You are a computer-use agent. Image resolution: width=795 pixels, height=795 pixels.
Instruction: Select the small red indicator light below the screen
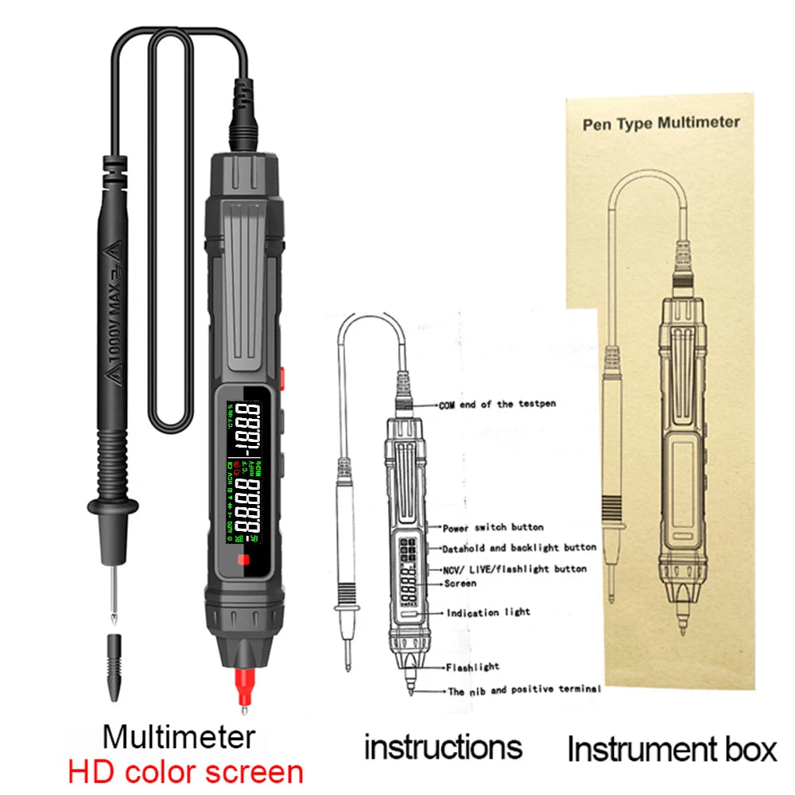pyautogui.click(x=243, y=564)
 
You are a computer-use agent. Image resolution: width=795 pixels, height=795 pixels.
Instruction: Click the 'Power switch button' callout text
pyautogui.click(x=493, y=527)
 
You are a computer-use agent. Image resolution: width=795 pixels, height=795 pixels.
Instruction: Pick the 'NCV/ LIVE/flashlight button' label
pyautogui.click(x=515, y=569)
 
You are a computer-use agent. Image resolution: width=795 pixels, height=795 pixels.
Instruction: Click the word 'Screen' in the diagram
pyautogui.click(x=461, y=584)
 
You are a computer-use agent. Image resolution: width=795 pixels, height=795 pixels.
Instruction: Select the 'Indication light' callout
pyautogui.click(x=488, y=613)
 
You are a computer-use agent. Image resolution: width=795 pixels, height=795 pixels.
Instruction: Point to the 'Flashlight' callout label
pyautogui.click(x=472, y=668)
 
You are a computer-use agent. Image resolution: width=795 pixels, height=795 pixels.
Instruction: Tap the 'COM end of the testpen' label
pyautogui.click(x=497, y=405)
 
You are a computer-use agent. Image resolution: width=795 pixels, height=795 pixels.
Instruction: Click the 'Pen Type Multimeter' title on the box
pyautogui.click(x=661, y=123)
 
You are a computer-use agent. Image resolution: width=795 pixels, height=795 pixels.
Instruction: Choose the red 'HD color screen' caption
pyautogui.click(x=184, y=772)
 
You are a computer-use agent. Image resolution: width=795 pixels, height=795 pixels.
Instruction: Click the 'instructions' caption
pyautogui.click(x=443, y=747)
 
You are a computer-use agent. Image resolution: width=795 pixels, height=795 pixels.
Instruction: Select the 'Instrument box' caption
pyautogui.click(x=672, y=749)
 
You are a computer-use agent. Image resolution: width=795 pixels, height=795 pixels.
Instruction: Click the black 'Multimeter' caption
pyautogui.click(x=179, y=736)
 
